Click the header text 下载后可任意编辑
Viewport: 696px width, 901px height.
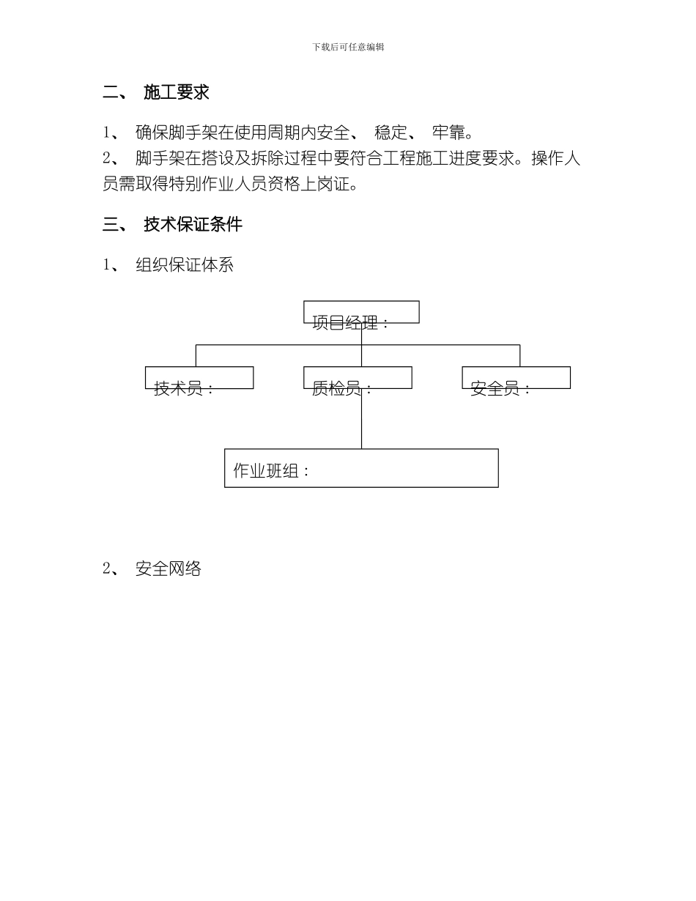pos(348,47)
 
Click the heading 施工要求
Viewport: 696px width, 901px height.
pos(177,92)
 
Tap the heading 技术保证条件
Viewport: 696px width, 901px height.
pos(193,225)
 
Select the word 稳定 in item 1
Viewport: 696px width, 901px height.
pos(390,133)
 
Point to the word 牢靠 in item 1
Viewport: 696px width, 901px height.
pos(448,133)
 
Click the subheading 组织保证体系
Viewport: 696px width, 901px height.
pos(185,265)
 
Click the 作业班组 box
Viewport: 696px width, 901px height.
pos(361,469)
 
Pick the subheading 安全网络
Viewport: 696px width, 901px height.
pos(169,568)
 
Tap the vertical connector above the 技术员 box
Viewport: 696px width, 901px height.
pos(196,355)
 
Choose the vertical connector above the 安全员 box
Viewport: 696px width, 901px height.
pos(520,355)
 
